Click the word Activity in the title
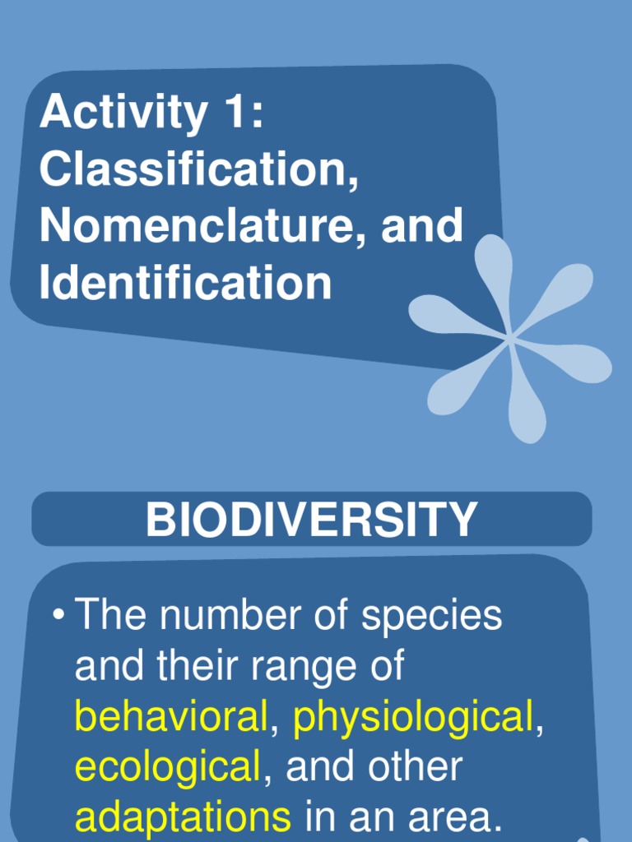tap(123, 113)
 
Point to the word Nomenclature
tap(197, 226)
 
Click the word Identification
tap(185, 282)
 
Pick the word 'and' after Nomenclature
tap(421, 226)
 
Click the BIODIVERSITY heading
tap(312, 520)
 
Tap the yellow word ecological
tap(167, 768)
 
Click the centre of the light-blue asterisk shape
tap(511, 336)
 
